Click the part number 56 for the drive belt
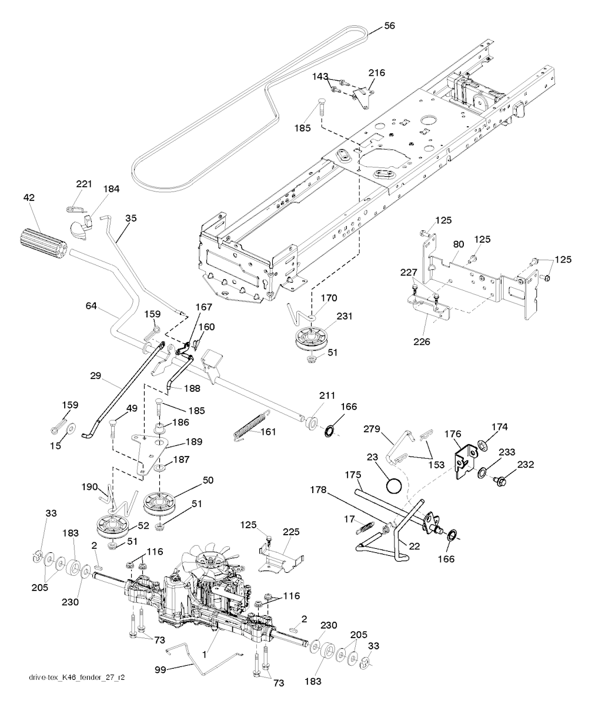point(389,25)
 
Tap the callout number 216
point(377,73)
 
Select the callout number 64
point(92,306)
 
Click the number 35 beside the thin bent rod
point(131,218)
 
